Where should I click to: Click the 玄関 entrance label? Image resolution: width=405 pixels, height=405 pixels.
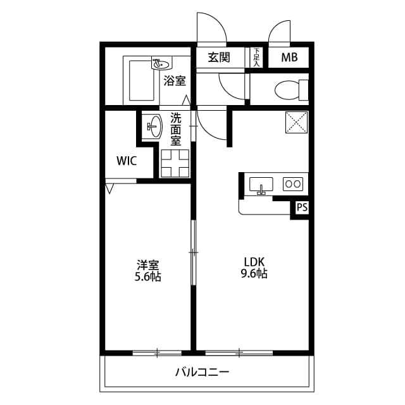(219, 58)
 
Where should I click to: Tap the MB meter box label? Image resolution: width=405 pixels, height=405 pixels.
(289, 58)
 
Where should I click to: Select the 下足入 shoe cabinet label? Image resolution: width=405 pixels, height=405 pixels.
(256, 58)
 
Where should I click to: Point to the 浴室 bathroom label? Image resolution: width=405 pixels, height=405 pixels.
(175, 81)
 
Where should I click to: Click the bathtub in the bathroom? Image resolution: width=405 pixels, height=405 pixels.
(142, 80)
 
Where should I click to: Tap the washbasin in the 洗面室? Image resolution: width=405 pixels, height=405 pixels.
(154, 127)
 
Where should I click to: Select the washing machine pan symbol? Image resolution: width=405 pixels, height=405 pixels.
(175, 163)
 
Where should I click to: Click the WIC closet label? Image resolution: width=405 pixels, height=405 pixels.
(127, 161)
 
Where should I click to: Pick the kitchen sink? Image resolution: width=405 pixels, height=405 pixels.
(261, 184)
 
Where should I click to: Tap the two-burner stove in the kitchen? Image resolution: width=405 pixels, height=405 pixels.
(293, 184)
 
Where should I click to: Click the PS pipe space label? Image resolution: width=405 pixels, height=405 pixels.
(302, 207)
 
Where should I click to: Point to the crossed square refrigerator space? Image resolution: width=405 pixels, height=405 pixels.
(297, 122)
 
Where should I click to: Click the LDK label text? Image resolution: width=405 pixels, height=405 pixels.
(254, 262)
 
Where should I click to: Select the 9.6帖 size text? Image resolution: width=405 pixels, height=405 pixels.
(254, 274)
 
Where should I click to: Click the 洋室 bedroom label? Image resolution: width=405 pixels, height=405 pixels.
(147, 265)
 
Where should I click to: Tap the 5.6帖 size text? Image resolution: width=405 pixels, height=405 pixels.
(147, 277)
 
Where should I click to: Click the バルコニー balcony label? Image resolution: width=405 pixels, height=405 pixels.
(202, 372)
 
